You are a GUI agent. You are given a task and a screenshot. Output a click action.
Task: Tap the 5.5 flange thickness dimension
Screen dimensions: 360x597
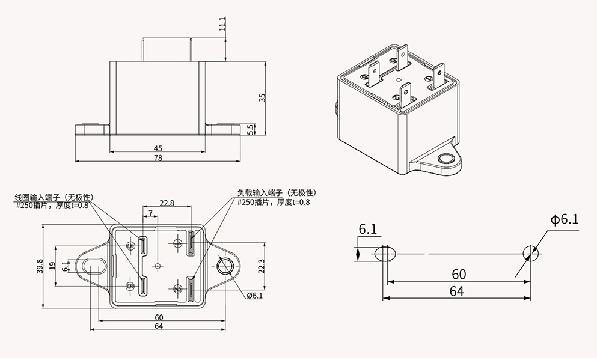251,129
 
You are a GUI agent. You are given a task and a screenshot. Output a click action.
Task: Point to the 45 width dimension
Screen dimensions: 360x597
158,148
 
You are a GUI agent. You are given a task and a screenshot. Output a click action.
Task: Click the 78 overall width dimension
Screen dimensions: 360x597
158,158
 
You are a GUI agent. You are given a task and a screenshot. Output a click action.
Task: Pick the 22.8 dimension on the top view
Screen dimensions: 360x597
167,203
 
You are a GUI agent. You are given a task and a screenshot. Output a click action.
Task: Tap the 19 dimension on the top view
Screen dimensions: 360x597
52,266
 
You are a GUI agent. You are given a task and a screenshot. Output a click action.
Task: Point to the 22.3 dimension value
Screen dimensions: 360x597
260,265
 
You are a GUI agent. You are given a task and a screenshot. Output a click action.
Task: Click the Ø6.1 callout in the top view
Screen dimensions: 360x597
254,296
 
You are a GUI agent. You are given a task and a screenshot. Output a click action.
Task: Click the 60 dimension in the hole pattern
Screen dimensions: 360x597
459,275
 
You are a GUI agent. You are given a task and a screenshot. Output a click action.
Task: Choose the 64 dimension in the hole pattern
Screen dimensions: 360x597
457,291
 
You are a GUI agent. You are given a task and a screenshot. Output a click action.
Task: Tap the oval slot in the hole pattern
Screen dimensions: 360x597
384,254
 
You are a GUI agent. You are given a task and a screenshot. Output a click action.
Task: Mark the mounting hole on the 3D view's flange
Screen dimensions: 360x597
445,159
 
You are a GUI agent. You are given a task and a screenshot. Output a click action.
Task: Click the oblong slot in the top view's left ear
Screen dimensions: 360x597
93,266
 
